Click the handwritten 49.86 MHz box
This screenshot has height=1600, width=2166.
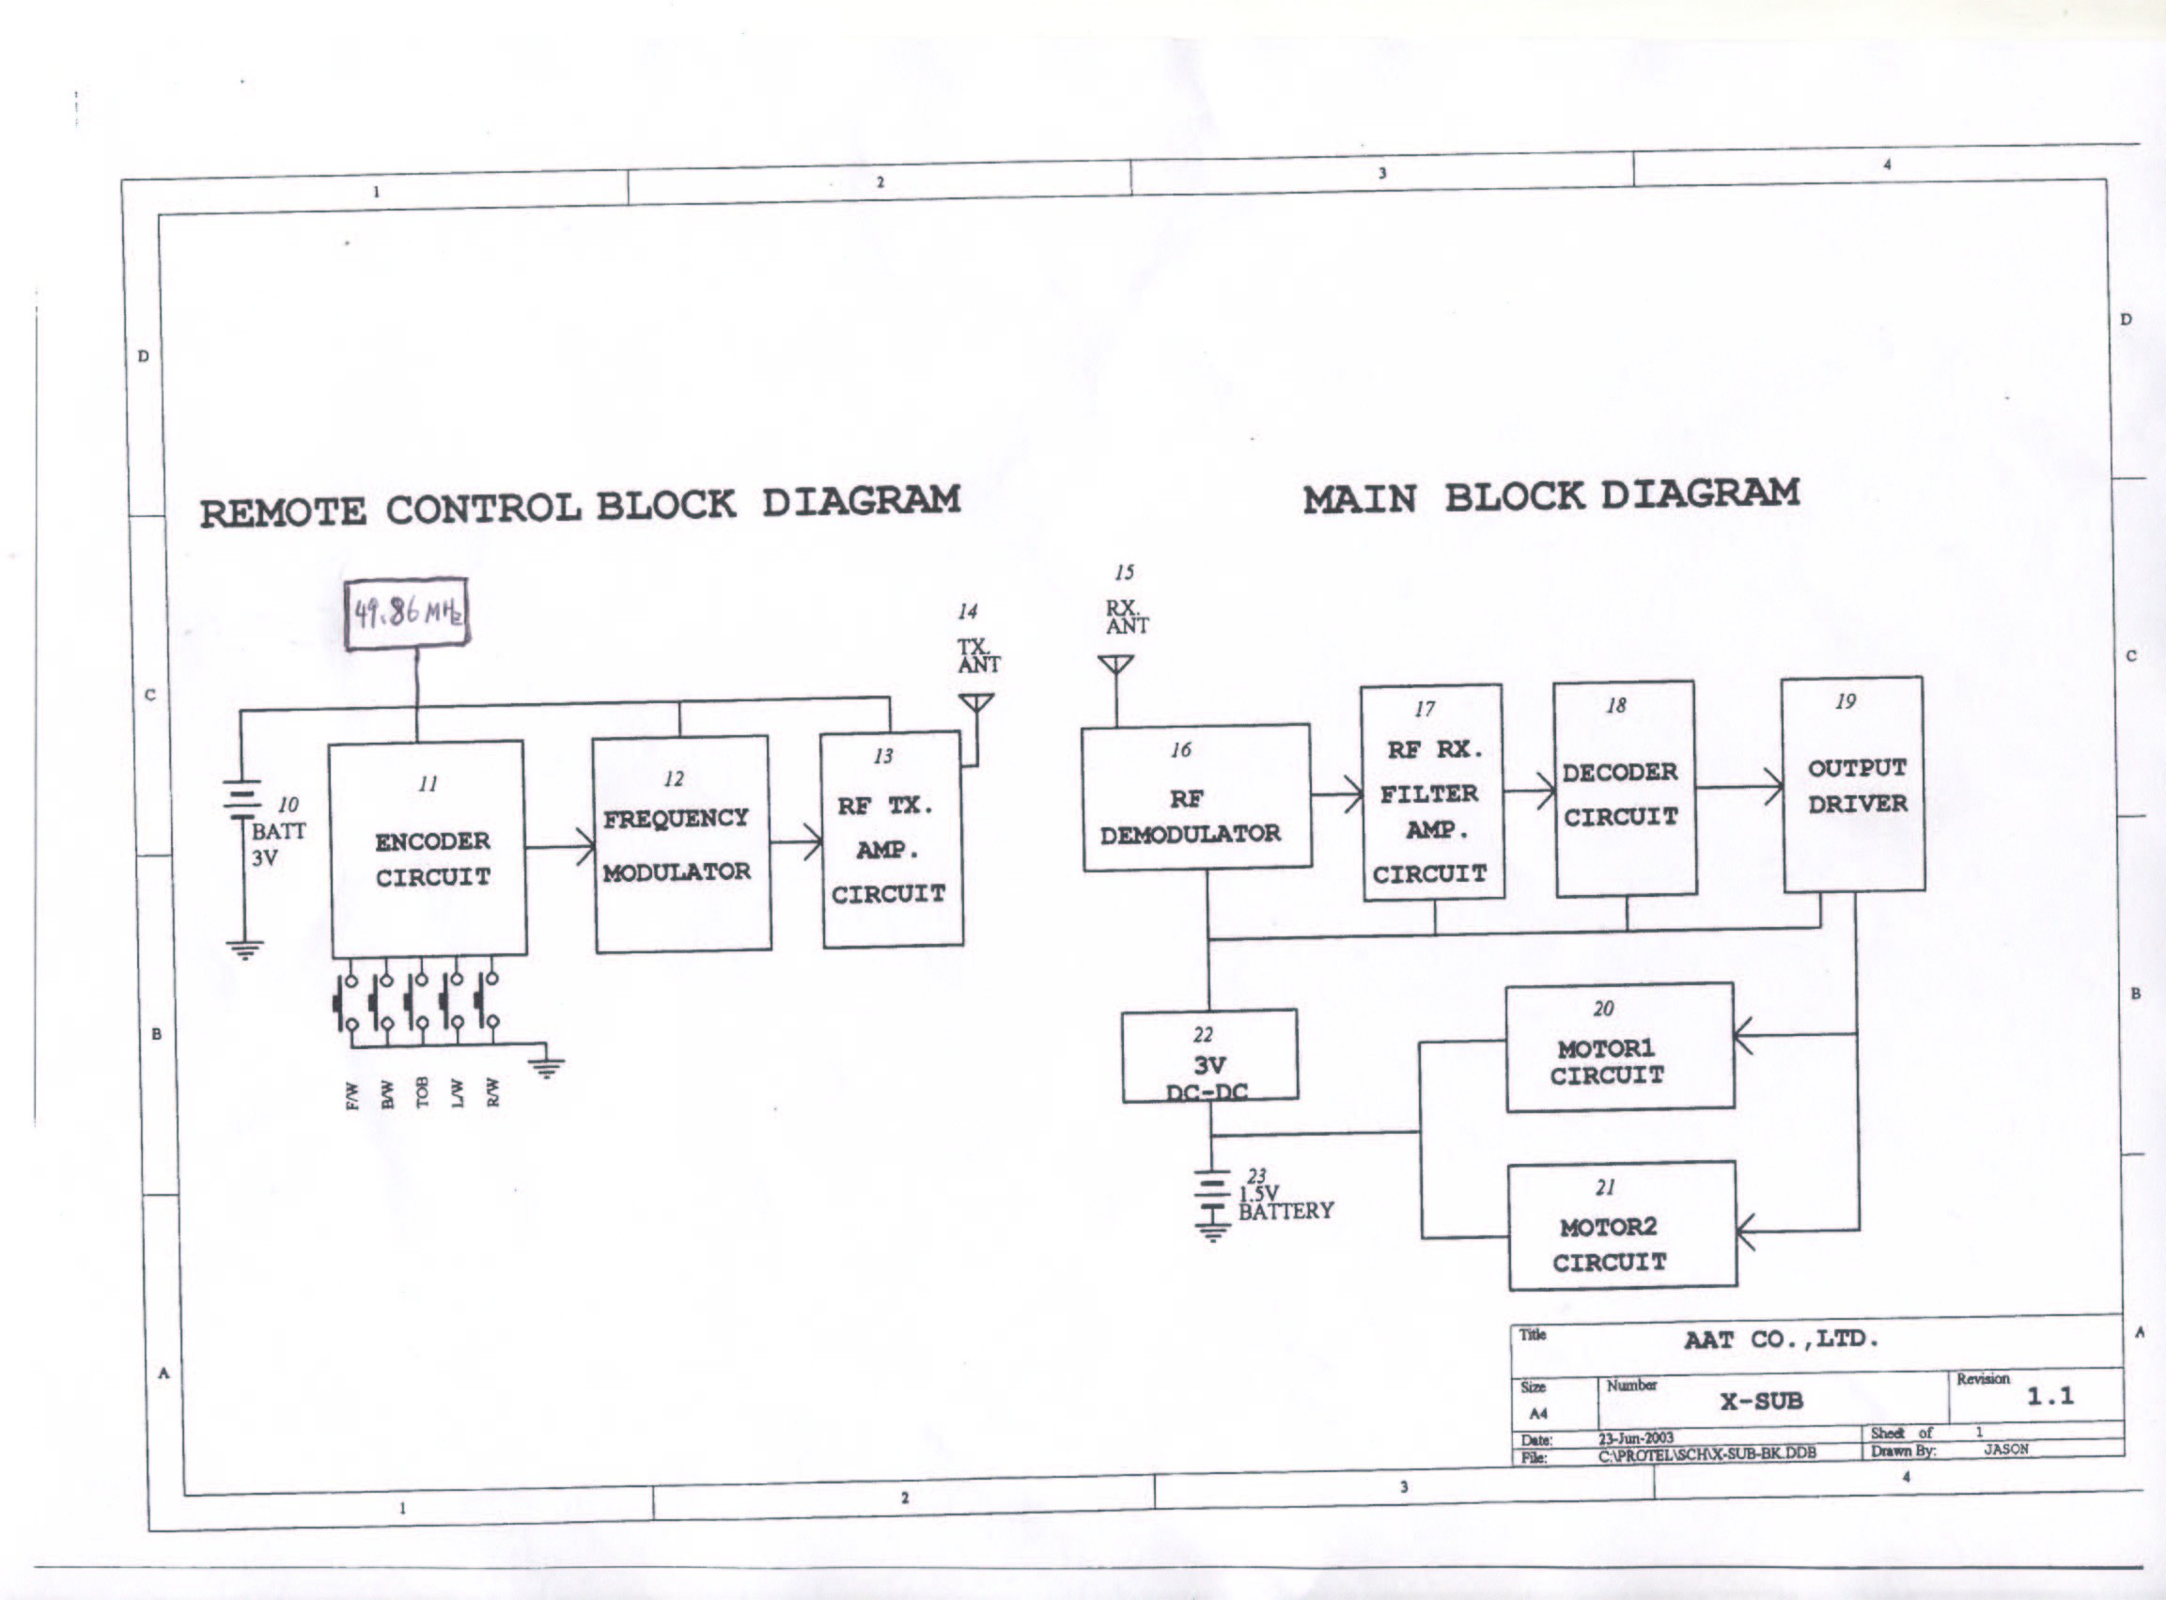[407, 614]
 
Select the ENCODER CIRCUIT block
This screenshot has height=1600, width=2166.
[429, 849]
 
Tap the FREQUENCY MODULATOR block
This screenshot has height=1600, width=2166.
[681, 843]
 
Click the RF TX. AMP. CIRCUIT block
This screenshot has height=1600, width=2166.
[892, 839]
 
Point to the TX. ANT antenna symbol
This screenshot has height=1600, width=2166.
[976, 703]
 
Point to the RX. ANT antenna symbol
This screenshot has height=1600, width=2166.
[1116, 667]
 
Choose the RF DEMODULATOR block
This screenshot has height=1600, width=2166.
[1196, 798]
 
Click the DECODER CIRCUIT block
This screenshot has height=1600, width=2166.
[1625, 789]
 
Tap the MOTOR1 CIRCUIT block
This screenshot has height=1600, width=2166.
[1619, 1047]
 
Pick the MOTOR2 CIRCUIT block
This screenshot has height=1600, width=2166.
[1623, 1225]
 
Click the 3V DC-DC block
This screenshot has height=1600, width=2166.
[1209, 1056]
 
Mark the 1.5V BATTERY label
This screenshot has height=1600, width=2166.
[1285, 1202]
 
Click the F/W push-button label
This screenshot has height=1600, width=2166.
[353, 1095]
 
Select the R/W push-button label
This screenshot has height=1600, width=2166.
[492, 1091]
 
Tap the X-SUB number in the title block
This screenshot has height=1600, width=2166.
[1761, 1401]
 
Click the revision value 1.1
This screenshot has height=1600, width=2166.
[2049, 1396]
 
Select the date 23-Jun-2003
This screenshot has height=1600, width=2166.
[1635, 1437]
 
